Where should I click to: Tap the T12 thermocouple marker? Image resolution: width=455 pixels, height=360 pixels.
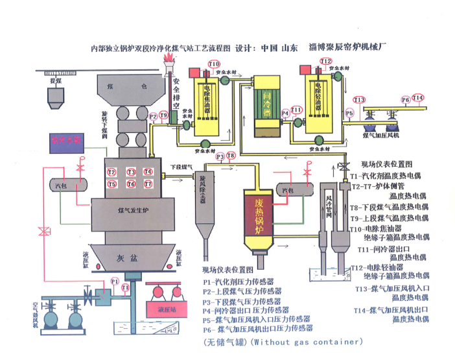[x=326, y=61]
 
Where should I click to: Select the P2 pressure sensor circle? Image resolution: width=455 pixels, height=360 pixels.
[x=153, y=116]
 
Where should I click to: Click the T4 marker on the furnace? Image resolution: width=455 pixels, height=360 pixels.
[x=148, y=172]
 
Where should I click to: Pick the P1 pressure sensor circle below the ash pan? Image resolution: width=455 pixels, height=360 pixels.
[x=115, y=281]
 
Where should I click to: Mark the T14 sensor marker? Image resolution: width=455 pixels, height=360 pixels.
[x=418, y=98]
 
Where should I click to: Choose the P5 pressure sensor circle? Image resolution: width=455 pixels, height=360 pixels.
[x=349, y=114]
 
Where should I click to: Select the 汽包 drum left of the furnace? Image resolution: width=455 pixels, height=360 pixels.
[x=62, y=185]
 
